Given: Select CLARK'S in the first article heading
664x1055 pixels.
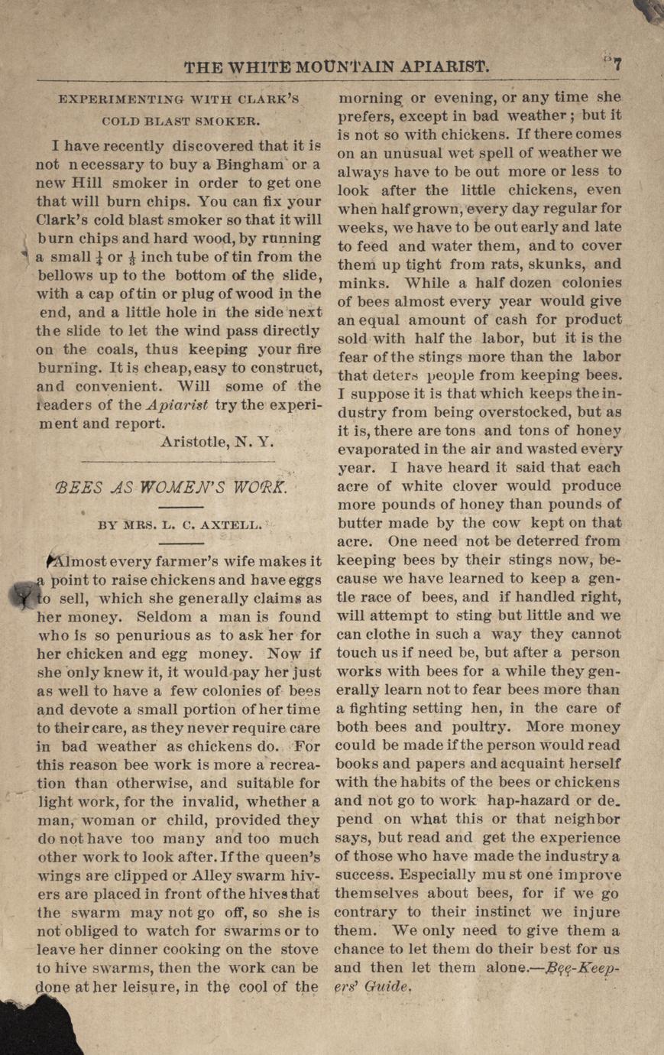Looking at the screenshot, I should click(264, 99).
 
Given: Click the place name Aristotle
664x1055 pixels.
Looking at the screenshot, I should click(196, 441).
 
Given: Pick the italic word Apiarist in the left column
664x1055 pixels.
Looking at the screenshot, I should click(177, 405).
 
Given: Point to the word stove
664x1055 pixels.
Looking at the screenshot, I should click(300, 949).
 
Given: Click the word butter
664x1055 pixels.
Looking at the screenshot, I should click(364, 523).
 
